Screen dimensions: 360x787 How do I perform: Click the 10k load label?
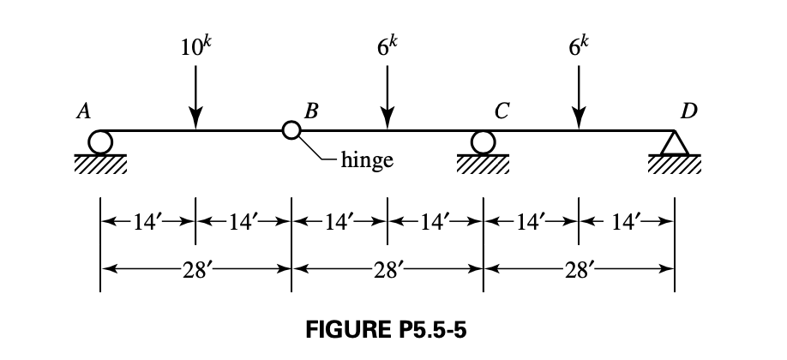coord(196,45)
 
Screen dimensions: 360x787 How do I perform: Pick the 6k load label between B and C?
coord(387,45)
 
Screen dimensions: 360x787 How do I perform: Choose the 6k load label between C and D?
coord(580,45)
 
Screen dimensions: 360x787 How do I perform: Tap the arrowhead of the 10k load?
coord(196,122)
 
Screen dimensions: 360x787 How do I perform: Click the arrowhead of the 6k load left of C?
coord(387,122)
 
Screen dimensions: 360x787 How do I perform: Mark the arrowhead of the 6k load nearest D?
coord(580,122)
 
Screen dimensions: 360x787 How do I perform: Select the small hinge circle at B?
coord(291,131)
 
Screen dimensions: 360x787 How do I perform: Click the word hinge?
coord(367,159)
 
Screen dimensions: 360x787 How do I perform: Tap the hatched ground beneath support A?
coord(100,163)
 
